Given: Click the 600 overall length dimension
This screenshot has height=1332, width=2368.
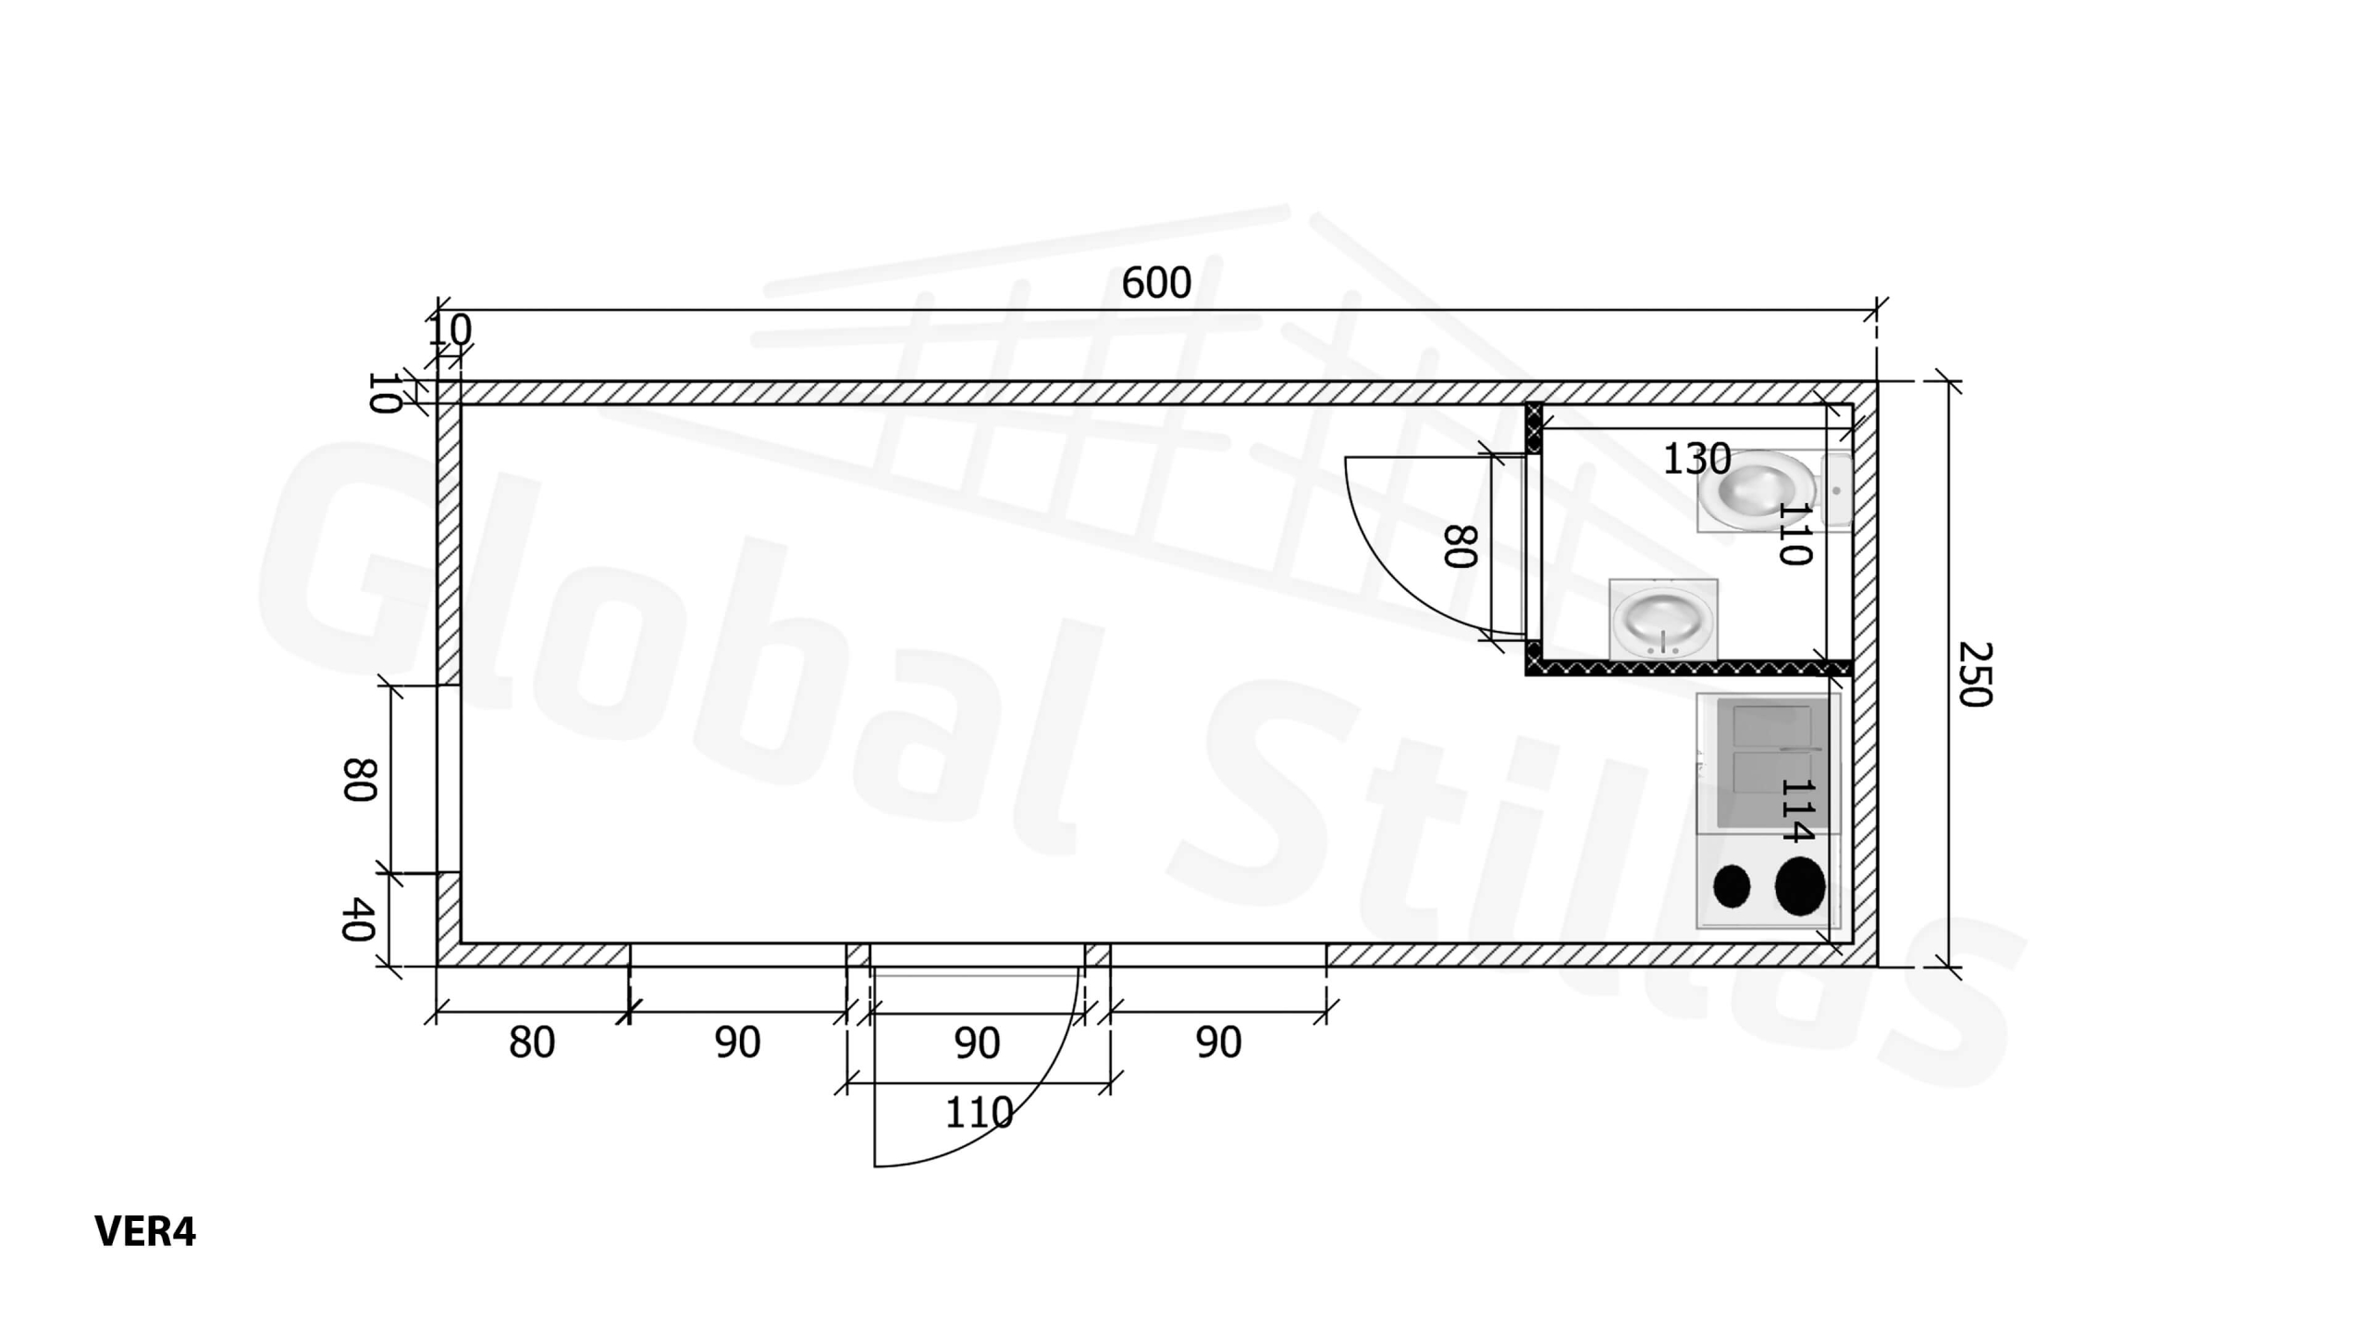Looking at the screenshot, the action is pyautogui.click(x=1156, y=283).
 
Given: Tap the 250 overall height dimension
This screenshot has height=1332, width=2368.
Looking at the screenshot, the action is pyautogui.click(x=1975, y=674).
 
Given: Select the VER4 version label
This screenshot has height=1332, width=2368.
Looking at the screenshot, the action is pyautogui.click(x=145, y=1231).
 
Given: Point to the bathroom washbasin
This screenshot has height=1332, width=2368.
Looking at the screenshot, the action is pyautogui.click(x=1663, y=619).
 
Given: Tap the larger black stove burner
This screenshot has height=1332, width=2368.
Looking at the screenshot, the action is pyautogui.click(x=1800, y=886).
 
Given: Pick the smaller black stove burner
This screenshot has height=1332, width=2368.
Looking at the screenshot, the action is pyautogui.click(x=1732, y=886).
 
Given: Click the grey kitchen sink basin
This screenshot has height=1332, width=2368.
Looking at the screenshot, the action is pyautogui.click(x=1772, y=763).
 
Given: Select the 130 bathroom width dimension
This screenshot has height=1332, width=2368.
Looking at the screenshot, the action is pyautogui.click(x=1696, y=459).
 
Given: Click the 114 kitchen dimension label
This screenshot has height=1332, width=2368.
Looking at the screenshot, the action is pyautogui.click(x=1796, y=811).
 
